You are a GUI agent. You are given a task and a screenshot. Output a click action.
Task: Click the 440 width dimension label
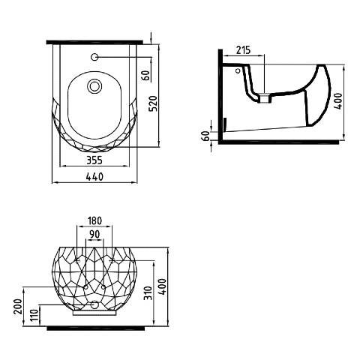tap(94, 177)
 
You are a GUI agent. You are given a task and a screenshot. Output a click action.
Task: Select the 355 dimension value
tap(94, 160)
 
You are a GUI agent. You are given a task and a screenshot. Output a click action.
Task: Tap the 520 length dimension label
tap(153, 103)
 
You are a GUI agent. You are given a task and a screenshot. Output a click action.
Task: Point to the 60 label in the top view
tap(146, 76)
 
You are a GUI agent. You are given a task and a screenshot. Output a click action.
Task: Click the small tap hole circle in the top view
tap(94, 57)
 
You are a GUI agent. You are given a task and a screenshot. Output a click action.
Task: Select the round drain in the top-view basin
tap(94, 86)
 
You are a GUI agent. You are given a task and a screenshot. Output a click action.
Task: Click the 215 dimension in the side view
tap(243, 50)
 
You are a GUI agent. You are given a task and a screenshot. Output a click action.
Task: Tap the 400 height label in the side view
tap(338, 101)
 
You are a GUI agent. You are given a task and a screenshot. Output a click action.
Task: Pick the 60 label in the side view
tap(206, 136)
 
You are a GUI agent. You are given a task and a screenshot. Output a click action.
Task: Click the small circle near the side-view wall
tap(238, 70)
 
